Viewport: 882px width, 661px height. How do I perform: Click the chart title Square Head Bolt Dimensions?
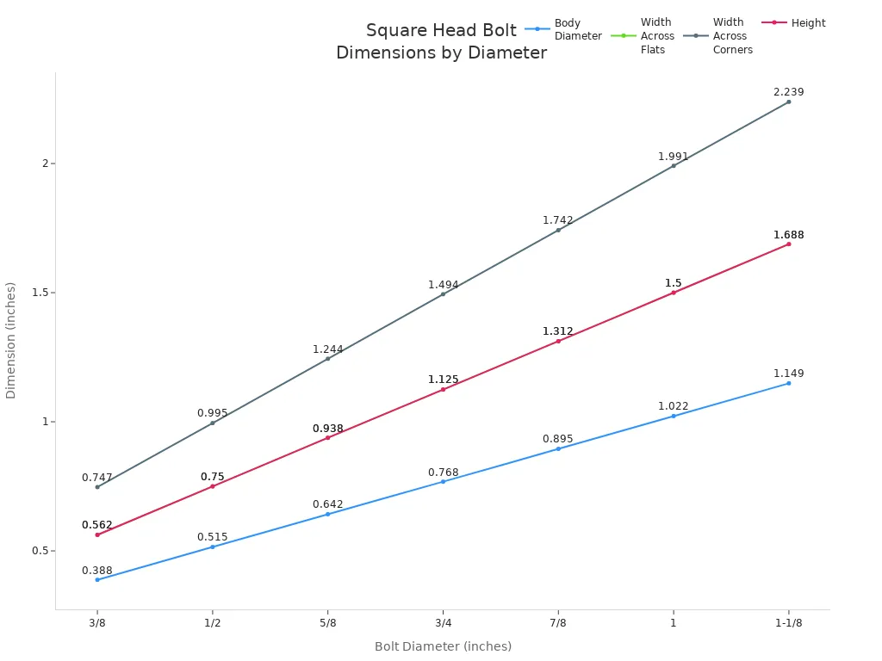[x=441, y=41]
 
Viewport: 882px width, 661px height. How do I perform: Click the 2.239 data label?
[x=788, y=92]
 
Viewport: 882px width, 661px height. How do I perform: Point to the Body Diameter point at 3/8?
[x=97, y=579]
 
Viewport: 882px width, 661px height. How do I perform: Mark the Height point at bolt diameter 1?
[x=674, y=293]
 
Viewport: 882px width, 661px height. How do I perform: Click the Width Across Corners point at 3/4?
[x=443, y=294]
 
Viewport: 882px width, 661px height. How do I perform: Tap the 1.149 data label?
[x=788, y=374]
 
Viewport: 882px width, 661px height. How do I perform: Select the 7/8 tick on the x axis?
[x=558, y=623]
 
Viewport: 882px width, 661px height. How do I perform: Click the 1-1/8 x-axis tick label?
[x=788, y=623]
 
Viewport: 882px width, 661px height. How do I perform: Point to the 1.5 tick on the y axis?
[x=40, y=293]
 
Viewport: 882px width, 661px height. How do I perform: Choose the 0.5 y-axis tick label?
[x=40, y=551]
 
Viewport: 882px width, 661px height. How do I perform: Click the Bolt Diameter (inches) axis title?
[x=443, y=646]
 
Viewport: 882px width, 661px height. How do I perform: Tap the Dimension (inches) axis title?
[x=11, y=340]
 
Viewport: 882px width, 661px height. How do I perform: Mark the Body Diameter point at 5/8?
[x=327, y=514]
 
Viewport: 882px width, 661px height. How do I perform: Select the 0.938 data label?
[x=327, y=429]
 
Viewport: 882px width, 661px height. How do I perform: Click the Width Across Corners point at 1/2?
[x=213, y=423]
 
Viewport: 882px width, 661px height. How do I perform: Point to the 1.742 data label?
[x=557, y=220]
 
